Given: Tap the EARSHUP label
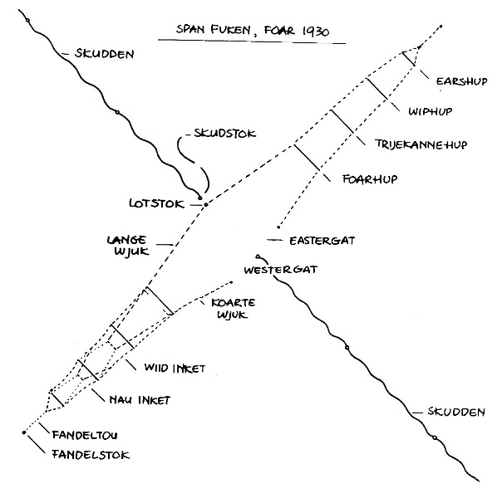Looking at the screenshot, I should point(460,81).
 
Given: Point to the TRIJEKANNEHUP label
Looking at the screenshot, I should point(421,144).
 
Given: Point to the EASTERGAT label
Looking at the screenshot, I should point(322,242).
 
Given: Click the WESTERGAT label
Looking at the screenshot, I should point(281,271).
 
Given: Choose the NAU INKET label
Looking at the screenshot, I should point(140,400).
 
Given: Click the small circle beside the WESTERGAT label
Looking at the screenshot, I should point(258,256).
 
